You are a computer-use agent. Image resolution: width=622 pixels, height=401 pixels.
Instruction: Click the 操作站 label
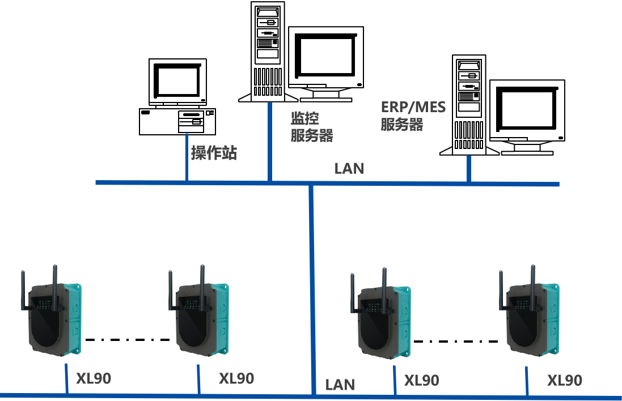pyautogui.click(x=213, y=153)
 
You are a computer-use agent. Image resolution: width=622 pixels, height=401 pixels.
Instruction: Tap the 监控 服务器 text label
pyautogui.click(x=311, y=127)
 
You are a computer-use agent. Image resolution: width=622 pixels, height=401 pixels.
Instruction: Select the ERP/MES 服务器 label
pyautogui.click(x=413, y=116)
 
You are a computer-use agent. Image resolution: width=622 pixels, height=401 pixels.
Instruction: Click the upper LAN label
pyautogui.click(x=349, y=168)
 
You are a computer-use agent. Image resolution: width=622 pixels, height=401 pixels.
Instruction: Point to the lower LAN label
pyautogui.click(x=340, y=385)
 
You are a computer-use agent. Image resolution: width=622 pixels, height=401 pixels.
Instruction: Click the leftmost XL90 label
pyautogui.click(x=94, y=378)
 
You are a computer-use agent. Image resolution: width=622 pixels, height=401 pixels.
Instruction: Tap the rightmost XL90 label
pyautogui.click(x=565, y=380)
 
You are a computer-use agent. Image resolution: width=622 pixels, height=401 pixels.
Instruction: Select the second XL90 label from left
pyautogui.click(x=236, y=378)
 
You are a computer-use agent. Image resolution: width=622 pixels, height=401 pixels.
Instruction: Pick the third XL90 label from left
pyautogui.click(x=421, y=380)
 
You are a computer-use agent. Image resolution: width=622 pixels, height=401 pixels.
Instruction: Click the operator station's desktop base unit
pyautogui.click(x=177, y=121)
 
